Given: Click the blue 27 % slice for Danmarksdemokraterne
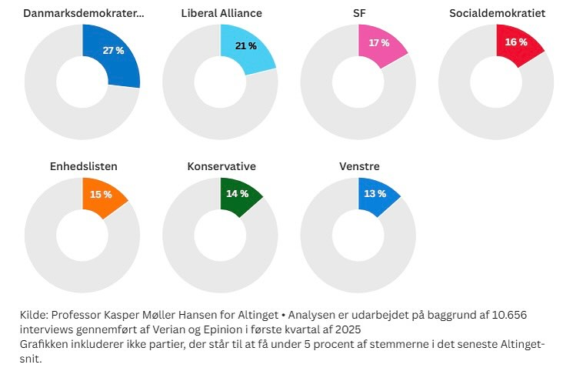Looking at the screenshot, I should (x=112, y=57).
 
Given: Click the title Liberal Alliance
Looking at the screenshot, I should (x=222, y=13).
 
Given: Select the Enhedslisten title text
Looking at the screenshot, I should (x=82, y=166).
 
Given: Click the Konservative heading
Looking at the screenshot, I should (x=222, y=166).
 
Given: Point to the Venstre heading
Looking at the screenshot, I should (x=359, y=166).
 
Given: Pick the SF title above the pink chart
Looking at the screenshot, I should (x=359, y=13).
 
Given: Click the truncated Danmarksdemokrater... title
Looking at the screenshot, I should (x=83, y=13).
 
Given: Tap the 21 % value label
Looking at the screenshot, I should (x=246, y=46).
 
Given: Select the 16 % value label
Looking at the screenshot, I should (x=516, y=42).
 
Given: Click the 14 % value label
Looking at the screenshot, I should (x=238, y=194).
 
